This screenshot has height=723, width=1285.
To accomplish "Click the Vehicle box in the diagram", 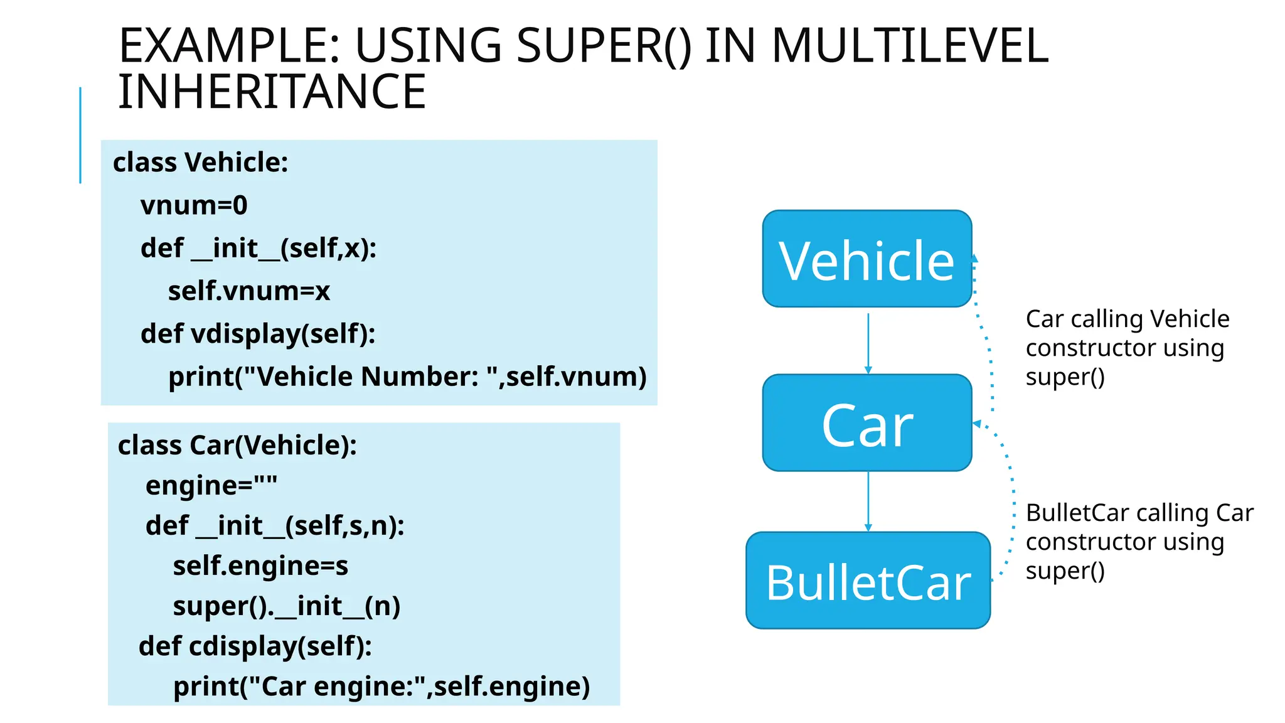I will tap(866, 259).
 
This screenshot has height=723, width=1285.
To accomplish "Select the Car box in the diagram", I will tap(866, 423).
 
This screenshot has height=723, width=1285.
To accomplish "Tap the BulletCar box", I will tap(868, 581).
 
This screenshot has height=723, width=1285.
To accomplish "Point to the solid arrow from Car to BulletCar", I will tap(868, 501).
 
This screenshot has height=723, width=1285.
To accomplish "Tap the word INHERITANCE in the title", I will tap(272, 92).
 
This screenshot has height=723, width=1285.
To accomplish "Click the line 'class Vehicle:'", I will tap(200, 163).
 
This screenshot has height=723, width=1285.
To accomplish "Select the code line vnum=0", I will tap(194, 205).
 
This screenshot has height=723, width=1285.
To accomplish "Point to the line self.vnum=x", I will tap(248, 291).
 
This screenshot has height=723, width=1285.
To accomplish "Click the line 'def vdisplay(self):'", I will tap(258, 333).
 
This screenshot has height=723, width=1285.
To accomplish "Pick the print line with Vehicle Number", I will tap(407, 377).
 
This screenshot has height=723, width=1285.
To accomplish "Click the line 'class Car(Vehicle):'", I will tap(237, 445).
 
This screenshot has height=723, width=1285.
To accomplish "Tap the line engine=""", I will tap(211, 485).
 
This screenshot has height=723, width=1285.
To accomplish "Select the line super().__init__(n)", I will tap(286, 606).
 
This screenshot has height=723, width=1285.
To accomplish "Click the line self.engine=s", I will tap(260, 565).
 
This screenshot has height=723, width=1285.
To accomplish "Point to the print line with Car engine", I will tap(381, 686).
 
